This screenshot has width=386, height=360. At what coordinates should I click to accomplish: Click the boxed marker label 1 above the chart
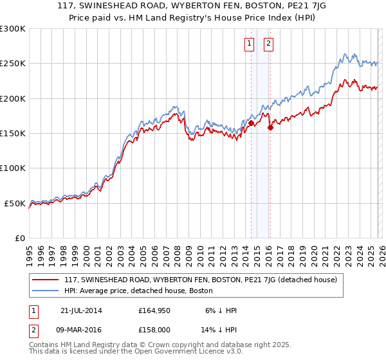[x=249, y=44]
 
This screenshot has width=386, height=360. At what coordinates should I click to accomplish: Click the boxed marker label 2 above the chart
[x=268, y=44]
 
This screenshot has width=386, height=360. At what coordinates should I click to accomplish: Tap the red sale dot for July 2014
[x=251, y=123]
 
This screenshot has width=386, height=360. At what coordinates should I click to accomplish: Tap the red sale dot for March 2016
[x=270, y=127]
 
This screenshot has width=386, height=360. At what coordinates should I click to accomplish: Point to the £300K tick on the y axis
[x=13, y=29]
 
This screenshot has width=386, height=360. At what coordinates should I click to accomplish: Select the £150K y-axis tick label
[x=13, y=133]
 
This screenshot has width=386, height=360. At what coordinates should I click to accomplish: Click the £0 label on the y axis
[x=20, y=238]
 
